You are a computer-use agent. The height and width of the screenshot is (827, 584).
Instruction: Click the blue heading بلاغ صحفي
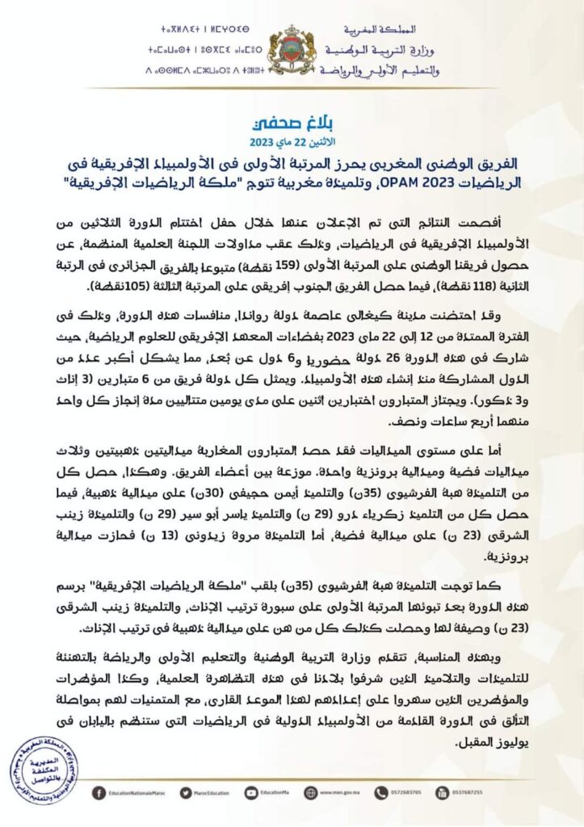(x=292, y=126)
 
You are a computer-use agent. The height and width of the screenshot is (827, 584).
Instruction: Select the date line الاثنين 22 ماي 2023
(x=292, y=142)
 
